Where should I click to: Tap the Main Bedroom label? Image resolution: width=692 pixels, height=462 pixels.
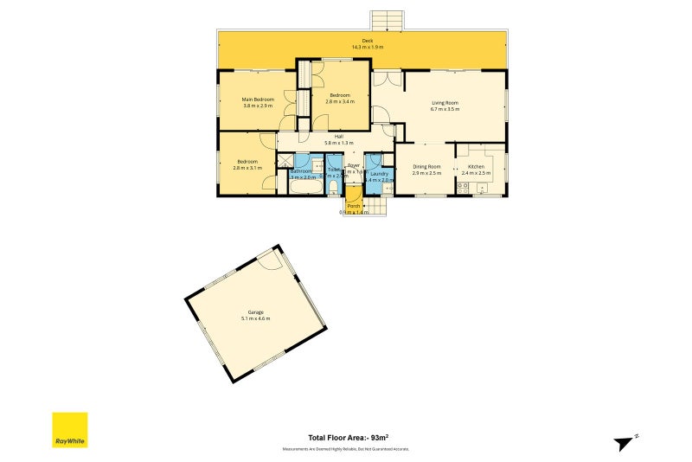pyautogui.click(x=258, y=99)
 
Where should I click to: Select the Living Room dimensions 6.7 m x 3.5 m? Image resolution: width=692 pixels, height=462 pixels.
pyautogui.click(x=445, y=110)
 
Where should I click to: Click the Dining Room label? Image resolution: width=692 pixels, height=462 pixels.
pyautogui.click(x=426, y=166)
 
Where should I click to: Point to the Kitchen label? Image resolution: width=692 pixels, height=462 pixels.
pyautogui.click(x=476, y=166)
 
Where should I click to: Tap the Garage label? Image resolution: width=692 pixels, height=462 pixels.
pyautogui.click(x=255, y=311)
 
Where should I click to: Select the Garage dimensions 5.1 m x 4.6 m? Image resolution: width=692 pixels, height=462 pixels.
pyautogui.click(x=255, y=318)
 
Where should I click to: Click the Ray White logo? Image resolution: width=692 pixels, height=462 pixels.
pyautogui.click(x=70, y=429)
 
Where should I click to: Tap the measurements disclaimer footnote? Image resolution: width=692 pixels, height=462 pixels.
pyautogui.click(x=345, y=449)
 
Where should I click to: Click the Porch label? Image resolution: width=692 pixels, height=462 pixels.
pyautogui.click(x=353, y=206)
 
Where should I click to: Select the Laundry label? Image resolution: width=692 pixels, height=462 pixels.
pyautogui.click(x=380, y=173)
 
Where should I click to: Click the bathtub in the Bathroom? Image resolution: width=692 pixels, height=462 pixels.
pyautogui.click(x=302, y=188)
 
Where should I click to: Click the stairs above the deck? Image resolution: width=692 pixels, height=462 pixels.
pyautogui.click(x=387, y=20)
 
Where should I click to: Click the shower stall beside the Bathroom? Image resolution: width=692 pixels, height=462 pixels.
pyautogui.click(x=285, y=160)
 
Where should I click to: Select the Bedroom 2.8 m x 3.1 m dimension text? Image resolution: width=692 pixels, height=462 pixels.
pyautogui.click(x=247, y=168)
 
